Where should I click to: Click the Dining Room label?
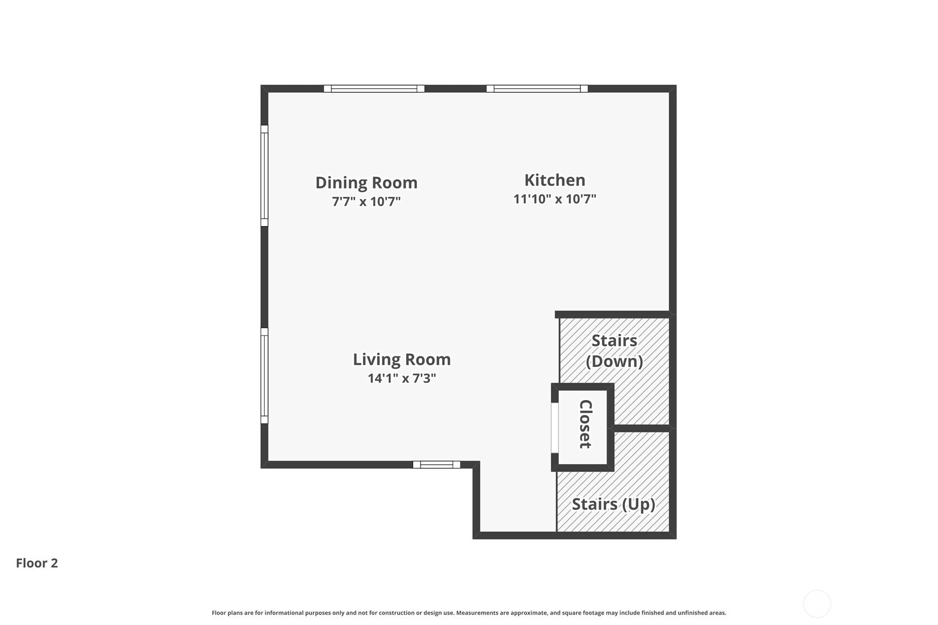pos(366,183)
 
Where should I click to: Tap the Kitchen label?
pos(555,180)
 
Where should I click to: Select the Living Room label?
pos(402,359)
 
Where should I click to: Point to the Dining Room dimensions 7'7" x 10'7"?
pos(366,201)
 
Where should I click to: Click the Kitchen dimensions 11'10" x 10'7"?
pos(555,199)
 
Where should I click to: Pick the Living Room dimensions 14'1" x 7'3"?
pos(402,378)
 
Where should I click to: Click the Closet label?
pos(585,424)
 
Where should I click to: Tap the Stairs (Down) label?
pos(614,351)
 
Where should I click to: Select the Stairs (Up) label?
pos(614,505)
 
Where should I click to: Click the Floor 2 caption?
pos(37,563)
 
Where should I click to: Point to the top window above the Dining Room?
pos(374,89)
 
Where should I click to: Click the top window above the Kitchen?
pos(537,89)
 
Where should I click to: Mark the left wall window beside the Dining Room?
pos(264,176)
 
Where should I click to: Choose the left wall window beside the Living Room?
pos(264,376)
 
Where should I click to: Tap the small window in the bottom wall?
pos(436,465)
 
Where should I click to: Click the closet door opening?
pos(555,428)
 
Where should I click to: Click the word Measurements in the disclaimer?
pos(476,613)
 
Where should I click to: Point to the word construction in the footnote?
pos(398,613)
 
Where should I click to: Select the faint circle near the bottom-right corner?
pos(817,603)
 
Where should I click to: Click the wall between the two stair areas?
pos(642,428)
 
